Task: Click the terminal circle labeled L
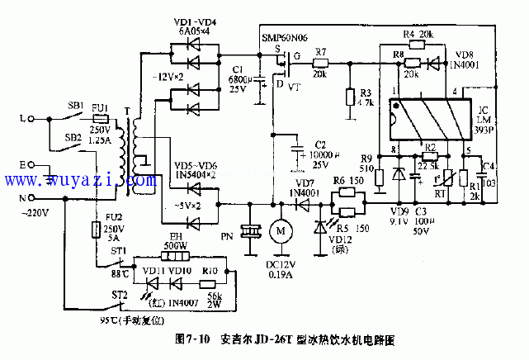coord(32,119)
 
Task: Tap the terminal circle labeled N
coord(32,197)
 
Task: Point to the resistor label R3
coord(366,92)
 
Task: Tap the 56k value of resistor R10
coord(215,295)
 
